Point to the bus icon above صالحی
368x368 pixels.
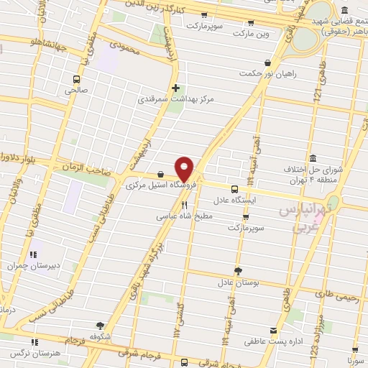pos(75,79)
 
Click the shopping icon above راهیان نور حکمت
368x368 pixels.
pos(268,63)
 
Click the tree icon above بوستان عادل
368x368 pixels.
pos(238,271)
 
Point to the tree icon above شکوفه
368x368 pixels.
pos(99,325)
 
